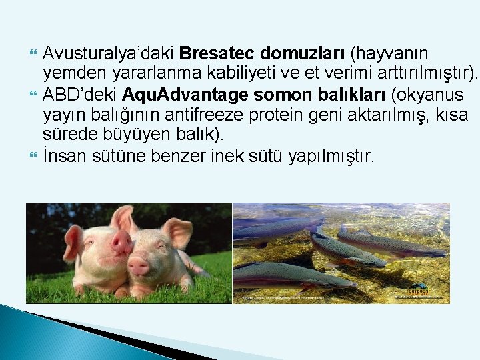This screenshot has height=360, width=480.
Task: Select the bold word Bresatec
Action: tap(217, 53)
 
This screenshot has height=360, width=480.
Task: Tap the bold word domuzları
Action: tap(304, 53)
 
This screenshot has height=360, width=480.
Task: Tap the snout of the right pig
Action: tap(139, 266)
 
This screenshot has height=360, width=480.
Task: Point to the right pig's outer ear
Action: tap(179, 230)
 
